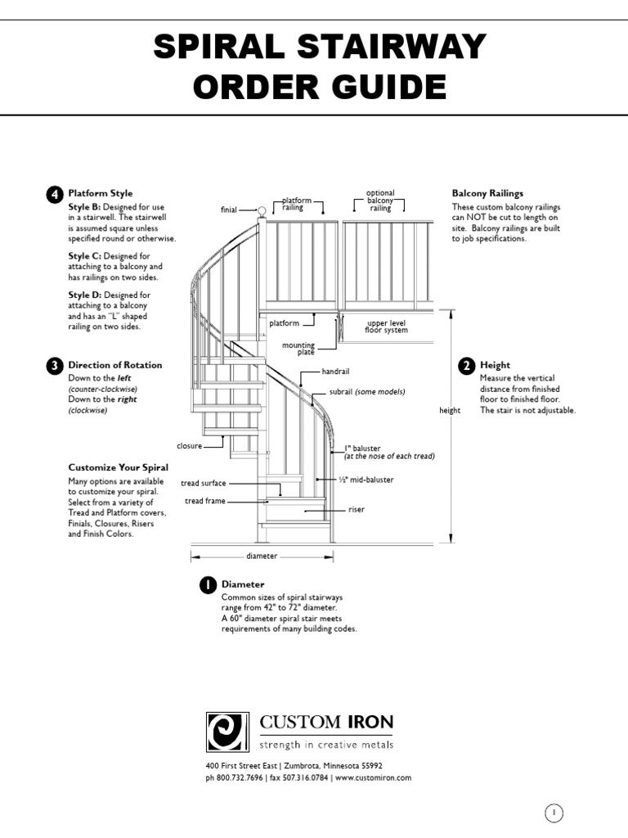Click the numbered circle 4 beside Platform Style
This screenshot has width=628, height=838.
coord(53,194)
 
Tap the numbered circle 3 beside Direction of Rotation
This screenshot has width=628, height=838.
coord(53,366)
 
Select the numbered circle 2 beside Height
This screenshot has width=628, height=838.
coord(466,366)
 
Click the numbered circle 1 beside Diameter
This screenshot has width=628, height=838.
coord(208,585)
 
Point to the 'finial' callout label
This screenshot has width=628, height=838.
coord(229,210)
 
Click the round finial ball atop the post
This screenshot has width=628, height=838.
coord(262,210)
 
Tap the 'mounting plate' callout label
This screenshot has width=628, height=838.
coord(298,349)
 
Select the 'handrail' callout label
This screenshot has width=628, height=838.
coord(335,372)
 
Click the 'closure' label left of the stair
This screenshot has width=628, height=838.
coord(189,446)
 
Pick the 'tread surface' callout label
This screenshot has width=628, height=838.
coord(204,484)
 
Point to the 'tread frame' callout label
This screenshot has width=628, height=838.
coord(205,501)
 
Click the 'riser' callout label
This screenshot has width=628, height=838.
coord(356,510)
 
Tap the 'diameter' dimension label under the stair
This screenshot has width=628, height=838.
coord(262,556)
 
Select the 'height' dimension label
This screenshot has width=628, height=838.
coord(450,411)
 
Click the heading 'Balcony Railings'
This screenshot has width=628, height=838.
coord(487,194)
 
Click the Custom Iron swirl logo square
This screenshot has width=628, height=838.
coord(227,731)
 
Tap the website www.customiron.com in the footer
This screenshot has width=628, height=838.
coord(373,777)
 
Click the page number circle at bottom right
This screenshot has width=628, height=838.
coord(554,813)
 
